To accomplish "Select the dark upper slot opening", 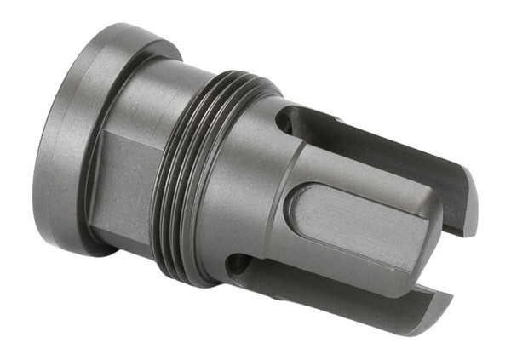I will (341, 136).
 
